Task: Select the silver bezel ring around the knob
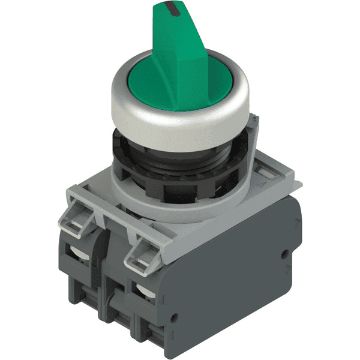pyautogui.click(x=180, y=126)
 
